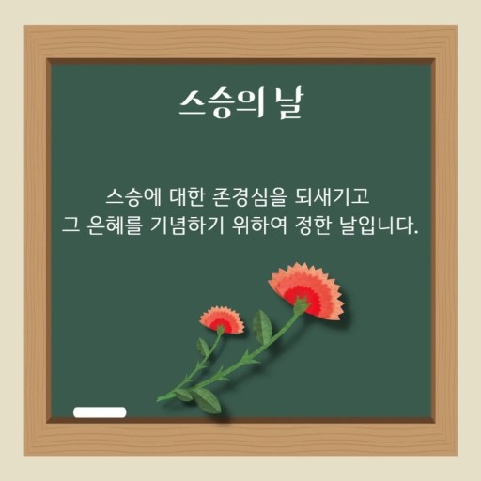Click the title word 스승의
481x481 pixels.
[x=221, y=102]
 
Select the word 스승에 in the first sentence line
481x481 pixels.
[x=133, y=197]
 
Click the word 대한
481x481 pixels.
[x=187, y=197]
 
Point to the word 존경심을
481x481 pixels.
[x=249, y=197]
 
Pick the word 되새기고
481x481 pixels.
[x=332, y=197]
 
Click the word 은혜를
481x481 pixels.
[x=115, y=225]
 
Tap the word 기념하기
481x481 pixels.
[x=187, y=225]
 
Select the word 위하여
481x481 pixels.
[x=259, y=225]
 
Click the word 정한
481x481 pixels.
[x=313, y=225]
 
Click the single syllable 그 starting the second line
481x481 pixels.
[x=70, y=225]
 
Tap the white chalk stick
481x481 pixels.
[x=100, y=412]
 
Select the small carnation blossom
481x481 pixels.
[x=223, y=319]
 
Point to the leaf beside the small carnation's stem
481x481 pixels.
[x=203, y=347]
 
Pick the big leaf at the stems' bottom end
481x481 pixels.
[x=207, y=399]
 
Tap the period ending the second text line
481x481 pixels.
[x=416, y=233]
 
